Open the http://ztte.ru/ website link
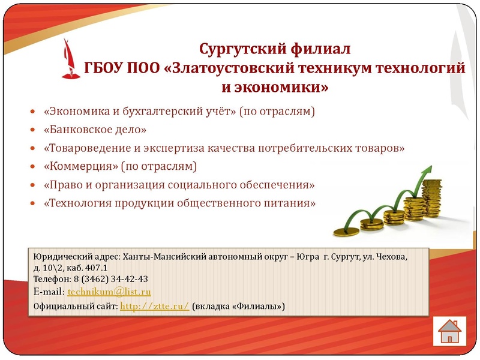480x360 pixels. (x=155, y=306)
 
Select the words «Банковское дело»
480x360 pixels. (x=95, y=130)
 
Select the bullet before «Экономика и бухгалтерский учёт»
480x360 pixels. (x=33, y=112)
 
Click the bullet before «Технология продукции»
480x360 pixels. (x=33, y=204)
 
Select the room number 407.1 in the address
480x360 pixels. (x=95, y=268)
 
